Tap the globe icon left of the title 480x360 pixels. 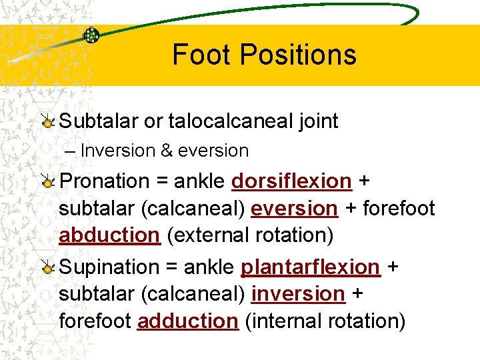coord(91,35)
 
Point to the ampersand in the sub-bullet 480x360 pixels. coord(166,151)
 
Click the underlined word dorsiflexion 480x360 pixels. coord(291,181)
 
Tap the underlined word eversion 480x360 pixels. coord(294,209)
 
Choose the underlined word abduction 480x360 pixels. coord(110,235)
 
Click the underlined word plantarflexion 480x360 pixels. coord(310,267)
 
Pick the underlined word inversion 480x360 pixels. coord(298,293)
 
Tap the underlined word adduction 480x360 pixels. coord(187,321)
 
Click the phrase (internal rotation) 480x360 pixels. coord(325,321)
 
